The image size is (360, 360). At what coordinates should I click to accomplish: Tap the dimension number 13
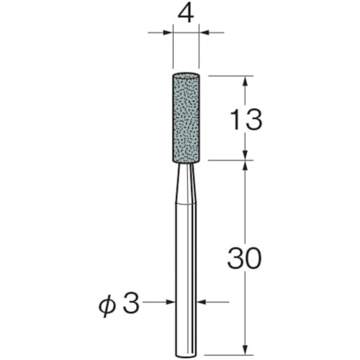coord(246,120)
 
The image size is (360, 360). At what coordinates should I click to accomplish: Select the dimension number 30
coord(244,258)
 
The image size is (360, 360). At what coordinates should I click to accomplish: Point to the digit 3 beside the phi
coord(130,303)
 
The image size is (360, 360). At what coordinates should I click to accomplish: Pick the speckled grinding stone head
coord(186,117)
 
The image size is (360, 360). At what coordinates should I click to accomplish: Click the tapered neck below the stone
coord(186,184)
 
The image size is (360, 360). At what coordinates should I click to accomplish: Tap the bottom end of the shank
coord(186,355)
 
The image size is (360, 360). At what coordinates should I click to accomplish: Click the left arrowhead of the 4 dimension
coord(168,32)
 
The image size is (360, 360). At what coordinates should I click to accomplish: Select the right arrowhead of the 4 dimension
coord(204,32)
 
